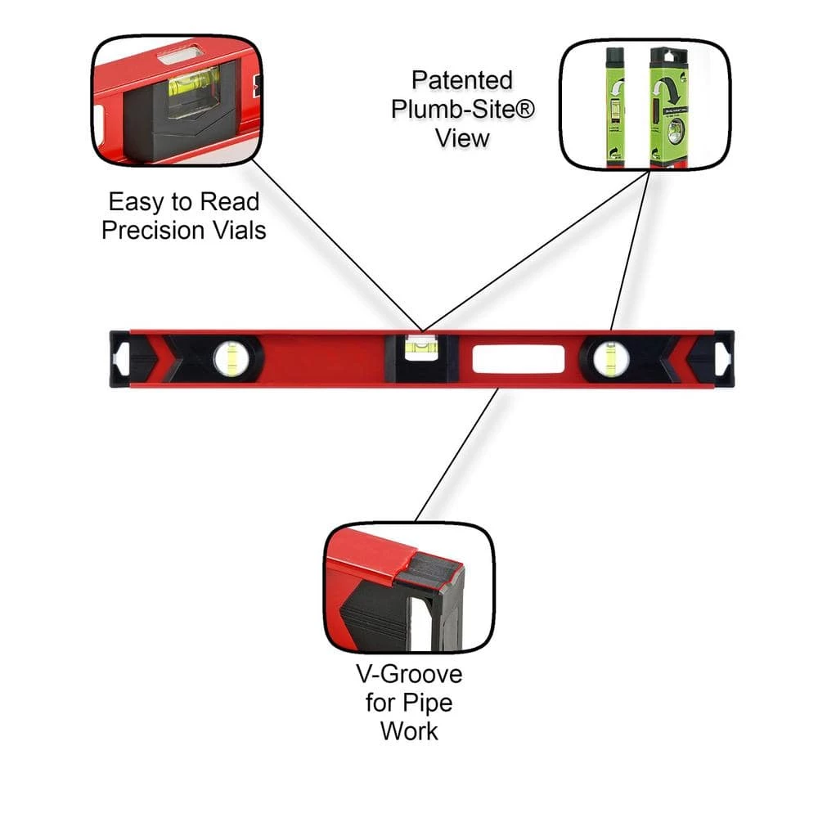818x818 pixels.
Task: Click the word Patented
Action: click(462, 80)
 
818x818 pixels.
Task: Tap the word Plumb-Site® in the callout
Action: click(462, 109)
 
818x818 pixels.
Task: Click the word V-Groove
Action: click(408, 675)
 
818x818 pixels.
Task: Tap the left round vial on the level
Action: click(231, 357)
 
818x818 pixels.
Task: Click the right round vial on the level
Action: click(610, 358)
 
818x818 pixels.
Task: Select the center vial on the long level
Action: click(420, 348)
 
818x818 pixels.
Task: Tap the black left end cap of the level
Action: click(119, 357)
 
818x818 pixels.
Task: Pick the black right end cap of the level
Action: click(723, 357)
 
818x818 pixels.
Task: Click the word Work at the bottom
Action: click(409, 730)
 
